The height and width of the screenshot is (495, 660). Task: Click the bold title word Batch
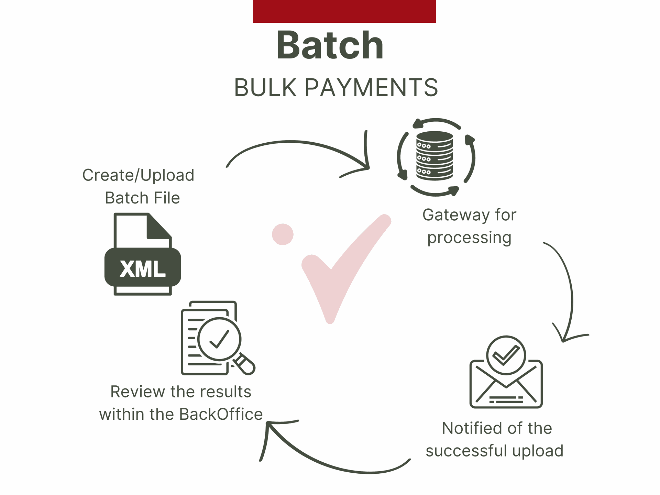click(330, 45)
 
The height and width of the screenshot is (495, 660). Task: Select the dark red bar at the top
click(344, 11)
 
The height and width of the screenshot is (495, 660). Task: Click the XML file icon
click(143, 254)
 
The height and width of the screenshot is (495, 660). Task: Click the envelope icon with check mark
click(506, 372)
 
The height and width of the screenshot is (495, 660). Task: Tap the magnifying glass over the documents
click(223, 344)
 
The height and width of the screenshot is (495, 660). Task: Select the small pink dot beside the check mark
click(283, 234)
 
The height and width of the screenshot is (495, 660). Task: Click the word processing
click(469, 238)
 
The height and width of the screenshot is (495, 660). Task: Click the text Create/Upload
click(138, 175)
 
